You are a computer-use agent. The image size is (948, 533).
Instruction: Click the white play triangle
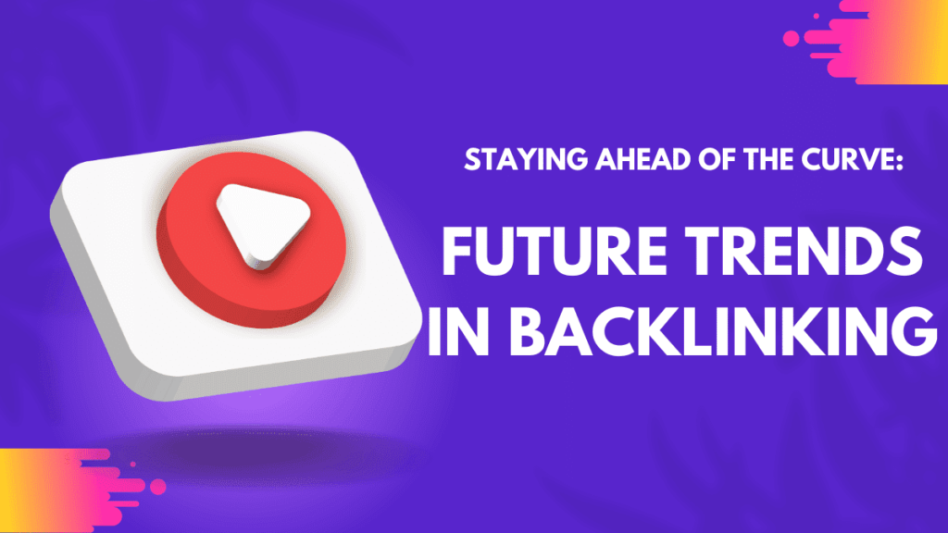click(260, 225)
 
